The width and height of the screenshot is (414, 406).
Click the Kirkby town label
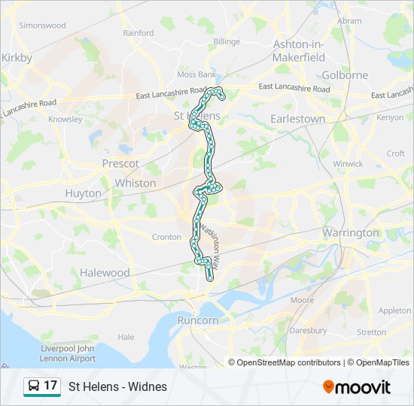point(17,57)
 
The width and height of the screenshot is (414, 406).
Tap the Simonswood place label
point(42,25)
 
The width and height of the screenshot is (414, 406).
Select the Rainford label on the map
point(138,33)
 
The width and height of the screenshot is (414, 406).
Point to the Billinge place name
point(226,42)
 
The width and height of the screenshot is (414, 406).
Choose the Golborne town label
point(345,75)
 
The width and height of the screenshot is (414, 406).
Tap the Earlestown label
point(298,119)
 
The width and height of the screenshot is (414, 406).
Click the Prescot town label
point(120,163)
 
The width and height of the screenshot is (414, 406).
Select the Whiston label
point(135,183)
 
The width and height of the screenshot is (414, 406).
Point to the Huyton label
point(83,193)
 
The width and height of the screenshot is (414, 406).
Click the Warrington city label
point(351,232)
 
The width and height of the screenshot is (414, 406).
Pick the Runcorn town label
point(198,320)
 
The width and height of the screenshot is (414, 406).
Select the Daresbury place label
point(308,330)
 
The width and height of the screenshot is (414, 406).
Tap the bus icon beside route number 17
point(34,386)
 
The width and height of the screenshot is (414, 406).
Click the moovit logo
point(357,387)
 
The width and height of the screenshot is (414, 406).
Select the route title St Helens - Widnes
point(118,387)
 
